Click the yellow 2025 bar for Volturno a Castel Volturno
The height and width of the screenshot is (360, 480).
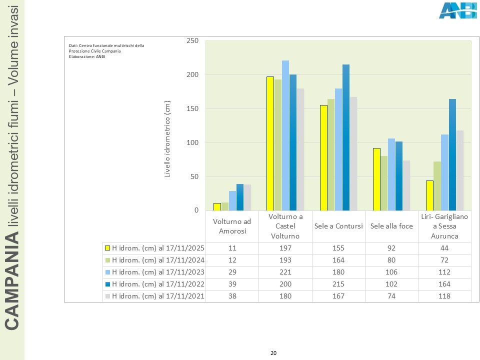pyautogui.click(x=270, y=143)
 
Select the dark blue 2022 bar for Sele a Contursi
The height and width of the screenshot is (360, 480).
pyautogui.click(x=346, y=137)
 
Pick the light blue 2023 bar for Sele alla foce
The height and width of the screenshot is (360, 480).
pyautogui.click(x=391, y=174)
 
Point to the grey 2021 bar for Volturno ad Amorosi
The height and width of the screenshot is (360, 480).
pyautogui.click(x=247, y=197)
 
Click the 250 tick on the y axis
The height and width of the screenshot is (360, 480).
pyautogui.click(x=192, y=41)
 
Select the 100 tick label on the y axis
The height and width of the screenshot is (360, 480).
pyautogui.click(x=192, y=143)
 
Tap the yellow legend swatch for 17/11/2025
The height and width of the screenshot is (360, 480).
pyautogui.click(x=107, y=247)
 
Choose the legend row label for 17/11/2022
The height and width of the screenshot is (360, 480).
pyautogui.click(x=158, y=284)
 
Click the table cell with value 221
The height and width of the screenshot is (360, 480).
pyautogui.click(x=285, y=272)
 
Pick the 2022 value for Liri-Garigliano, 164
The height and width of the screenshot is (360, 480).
pyautogui.click(x=444, y=284)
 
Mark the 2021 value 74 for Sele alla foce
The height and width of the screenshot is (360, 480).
pyautogui.click(x=391, y=296)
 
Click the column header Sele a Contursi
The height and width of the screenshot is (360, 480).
pyautogui.click(x=338, y=226)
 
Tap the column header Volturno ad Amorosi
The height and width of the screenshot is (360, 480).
pyautogui.click(x=232, y=226)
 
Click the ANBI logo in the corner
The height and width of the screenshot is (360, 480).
pyautogui.click(x=457, y=10)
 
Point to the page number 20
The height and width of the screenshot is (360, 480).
pyautogui.click(x=273, y=353)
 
